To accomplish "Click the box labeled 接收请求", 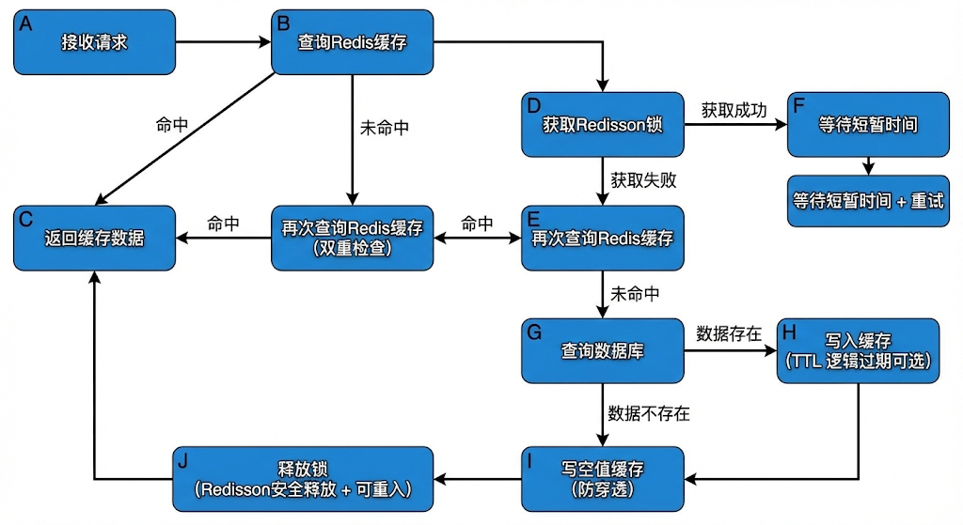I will [x=94, y=42].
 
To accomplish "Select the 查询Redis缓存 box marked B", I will [x=353, y=42].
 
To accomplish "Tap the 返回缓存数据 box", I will [x=94, y=238].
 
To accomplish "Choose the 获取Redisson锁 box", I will [x=603, y=124].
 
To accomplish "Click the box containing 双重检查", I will [x=353, y=238].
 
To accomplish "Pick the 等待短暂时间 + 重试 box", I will [x=868, y=201].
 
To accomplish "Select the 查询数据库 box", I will [x=603, y=350].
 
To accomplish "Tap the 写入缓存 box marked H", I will [x=858, y=350].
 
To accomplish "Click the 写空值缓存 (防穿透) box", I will [x=603, y=478].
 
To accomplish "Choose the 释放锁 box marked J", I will [x=302, y=478].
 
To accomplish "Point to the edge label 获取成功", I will [x=734, y=110].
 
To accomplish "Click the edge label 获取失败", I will [x=643, y=179].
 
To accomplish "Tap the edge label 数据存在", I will [x=729, y=333].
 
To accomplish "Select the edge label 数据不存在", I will [x=650, y=412].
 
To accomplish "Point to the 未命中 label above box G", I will [x=635, y=294].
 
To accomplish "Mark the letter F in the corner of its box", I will [x=799, y=104].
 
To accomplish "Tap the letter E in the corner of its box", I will [x=534, y=218].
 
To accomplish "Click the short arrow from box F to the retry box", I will [x=868, y=166].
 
